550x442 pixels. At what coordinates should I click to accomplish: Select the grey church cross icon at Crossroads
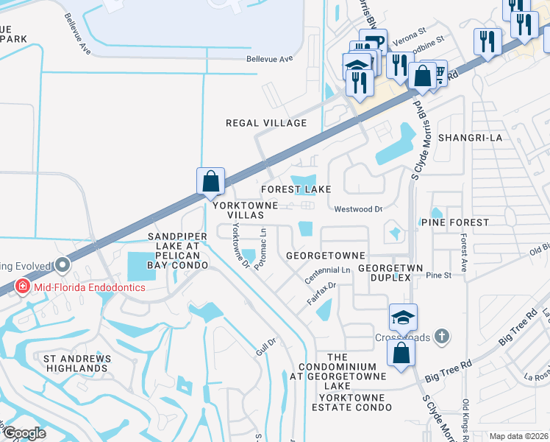[440, 336]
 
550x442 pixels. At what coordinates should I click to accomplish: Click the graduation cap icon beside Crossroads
[403, 318]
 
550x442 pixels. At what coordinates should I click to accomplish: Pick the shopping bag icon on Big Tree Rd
[401, 352]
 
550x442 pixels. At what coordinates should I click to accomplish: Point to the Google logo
[24, 433]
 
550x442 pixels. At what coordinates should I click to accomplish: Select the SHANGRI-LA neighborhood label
[469, 138]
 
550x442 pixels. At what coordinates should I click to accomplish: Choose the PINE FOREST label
[454, 222]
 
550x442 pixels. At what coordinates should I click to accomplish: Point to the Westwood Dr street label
[359, 209]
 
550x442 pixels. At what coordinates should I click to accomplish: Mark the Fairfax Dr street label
[321, 292]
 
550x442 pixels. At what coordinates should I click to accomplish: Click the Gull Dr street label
[265, 342]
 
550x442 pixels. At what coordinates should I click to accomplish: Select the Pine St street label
[438, 275]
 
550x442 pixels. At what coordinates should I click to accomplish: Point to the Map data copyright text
[518, 436]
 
